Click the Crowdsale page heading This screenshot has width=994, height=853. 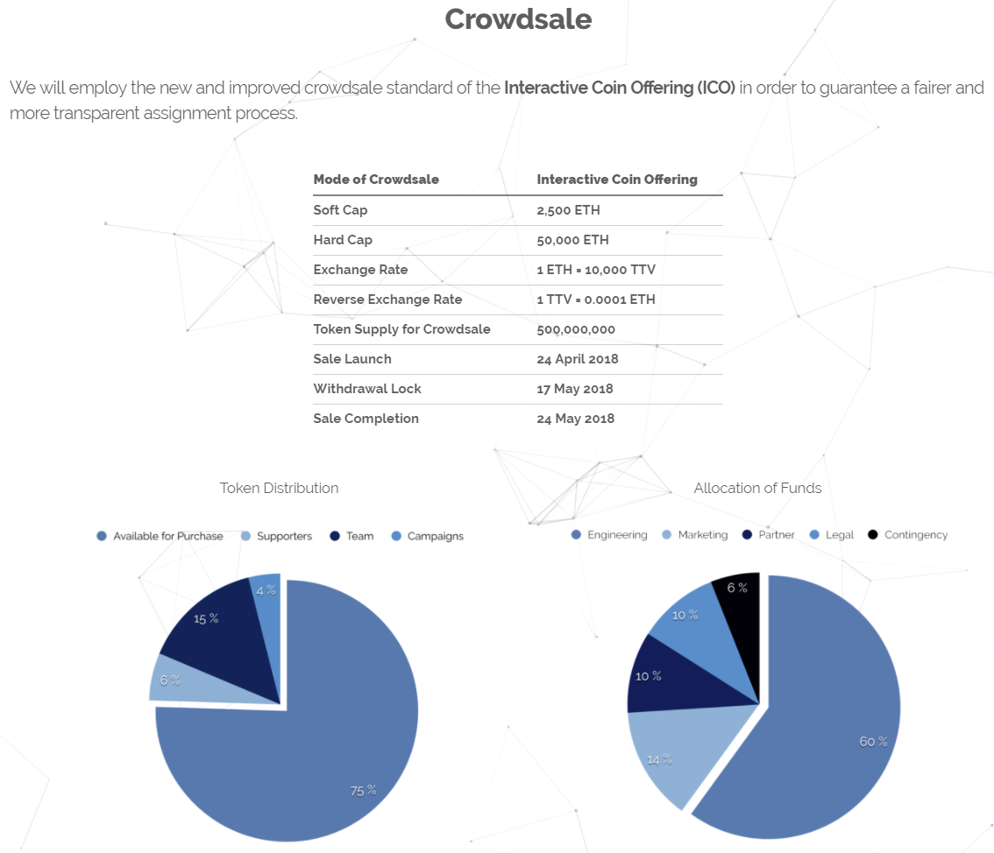point(518,19)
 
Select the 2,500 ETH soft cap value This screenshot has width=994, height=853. point(568,210)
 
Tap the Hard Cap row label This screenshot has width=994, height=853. point(343,240)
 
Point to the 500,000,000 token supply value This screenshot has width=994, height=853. point(576,329)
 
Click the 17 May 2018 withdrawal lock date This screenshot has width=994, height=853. point(575,389)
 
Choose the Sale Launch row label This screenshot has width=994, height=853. point(352,359)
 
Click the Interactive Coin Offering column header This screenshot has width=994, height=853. point(617,180)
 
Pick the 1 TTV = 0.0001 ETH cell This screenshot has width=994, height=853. point(596,300)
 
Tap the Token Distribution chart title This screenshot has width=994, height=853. point(279,489)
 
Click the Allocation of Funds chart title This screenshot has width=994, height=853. point(757,489)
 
